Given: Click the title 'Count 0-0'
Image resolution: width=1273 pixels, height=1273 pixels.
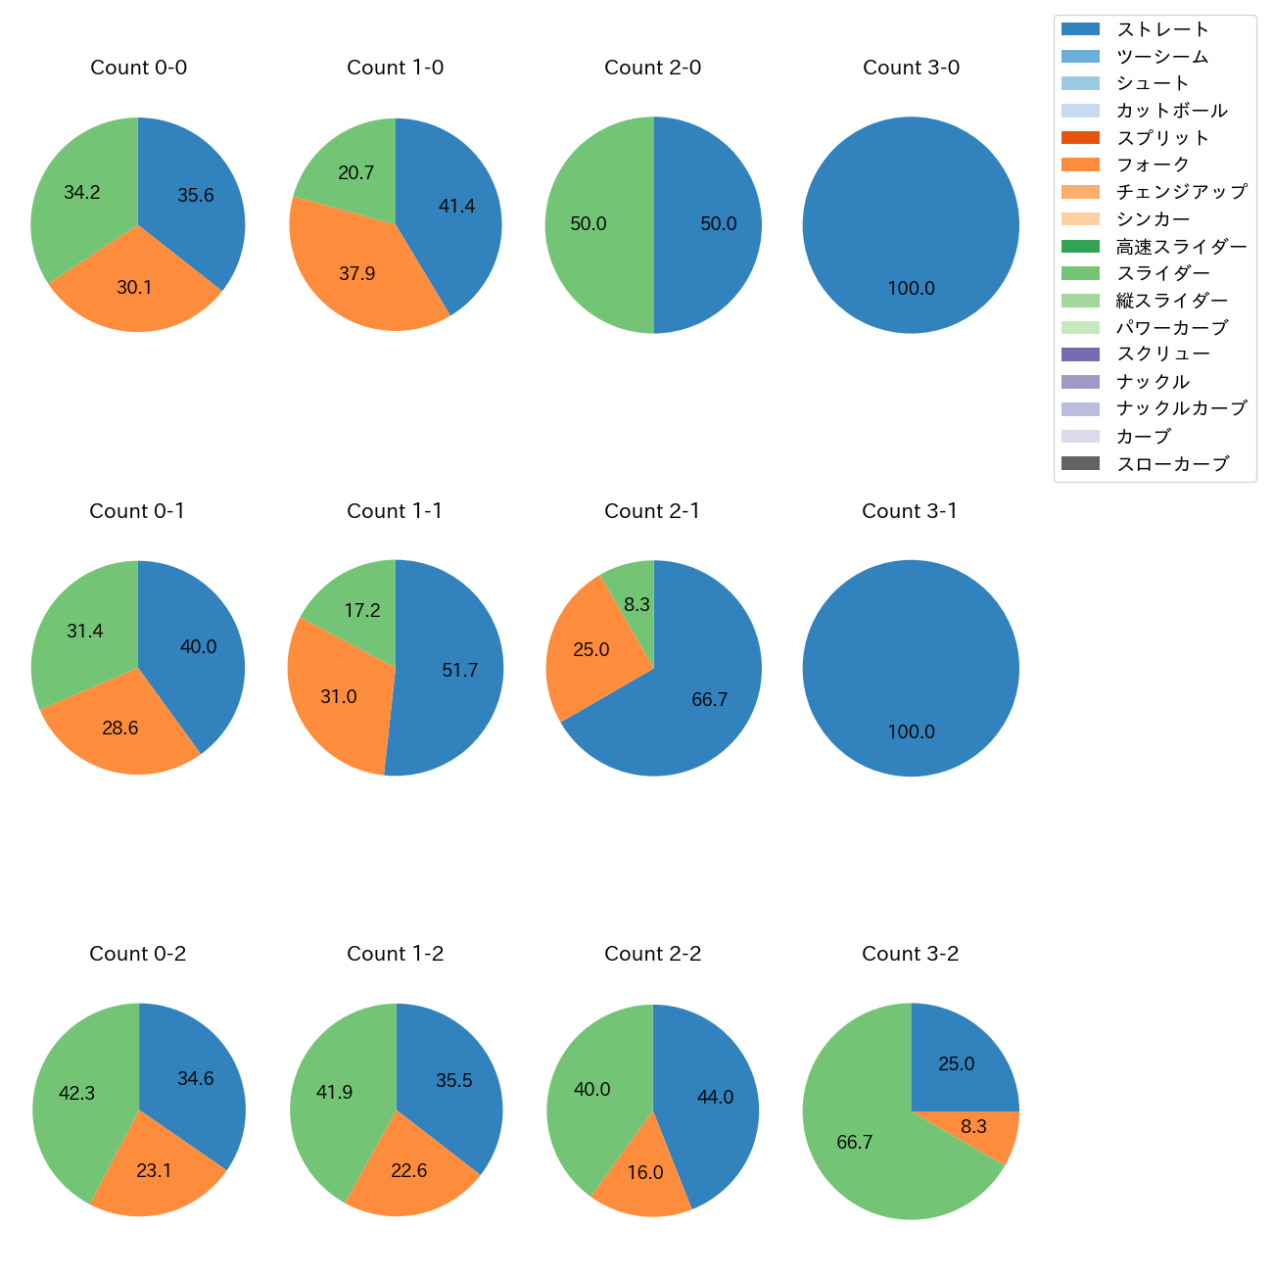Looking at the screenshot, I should click(138, 68).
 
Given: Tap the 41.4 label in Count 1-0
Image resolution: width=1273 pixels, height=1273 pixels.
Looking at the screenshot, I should click(456, 207).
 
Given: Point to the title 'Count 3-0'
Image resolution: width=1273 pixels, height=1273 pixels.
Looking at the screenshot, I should click(911, 68).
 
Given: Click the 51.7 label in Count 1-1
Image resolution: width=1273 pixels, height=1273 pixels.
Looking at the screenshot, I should click(459, 671).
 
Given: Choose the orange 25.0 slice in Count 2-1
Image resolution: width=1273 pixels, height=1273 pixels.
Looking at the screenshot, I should click(590, 650).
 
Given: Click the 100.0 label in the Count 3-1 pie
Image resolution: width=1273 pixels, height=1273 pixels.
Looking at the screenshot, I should click(911, 732).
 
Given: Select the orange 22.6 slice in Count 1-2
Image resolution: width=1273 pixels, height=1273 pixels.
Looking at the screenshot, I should click(408, 1171).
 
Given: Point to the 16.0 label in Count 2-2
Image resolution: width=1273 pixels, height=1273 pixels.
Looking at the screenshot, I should click(644, 1173).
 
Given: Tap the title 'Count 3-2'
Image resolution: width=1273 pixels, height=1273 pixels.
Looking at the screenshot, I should click(910, 954).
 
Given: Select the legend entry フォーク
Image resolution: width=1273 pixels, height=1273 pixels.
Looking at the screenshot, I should click(1153, 165).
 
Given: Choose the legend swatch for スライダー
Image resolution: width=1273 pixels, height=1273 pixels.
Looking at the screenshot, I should click(1080, 273).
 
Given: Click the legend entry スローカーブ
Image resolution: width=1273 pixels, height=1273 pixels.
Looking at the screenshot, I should click(1172, 464).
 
